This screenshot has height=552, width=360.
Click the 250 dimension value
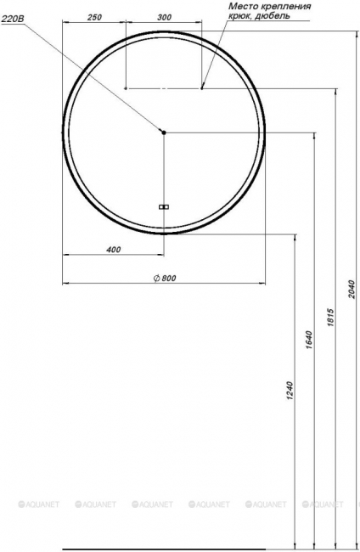pyautogui.click(x=94, y=17)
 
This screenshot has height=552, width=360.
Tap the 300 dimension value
pyautogui.click(x=164, y=17)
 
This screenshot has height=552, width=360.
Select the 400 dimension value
pyautogui.click(x=113, y=250)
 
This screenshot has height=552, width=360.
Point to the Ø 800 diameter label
pyautogui.click(x=165, y=278)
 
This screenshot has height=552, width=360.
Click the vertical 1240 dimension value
pyautogui.click(x=290, y=391)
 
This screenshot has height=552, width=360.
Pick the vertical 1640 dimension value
pyautogui.click(x=308, y=340)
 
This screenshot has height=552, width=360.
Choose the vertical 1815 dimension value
pyautogui.click(x=329, y=317)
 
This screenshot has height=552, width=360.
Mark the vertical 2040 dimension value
pyautogui.click(x=351, y=289)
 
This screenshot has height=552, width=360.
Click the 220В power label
pyautogui.click(x=13, y=20)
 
